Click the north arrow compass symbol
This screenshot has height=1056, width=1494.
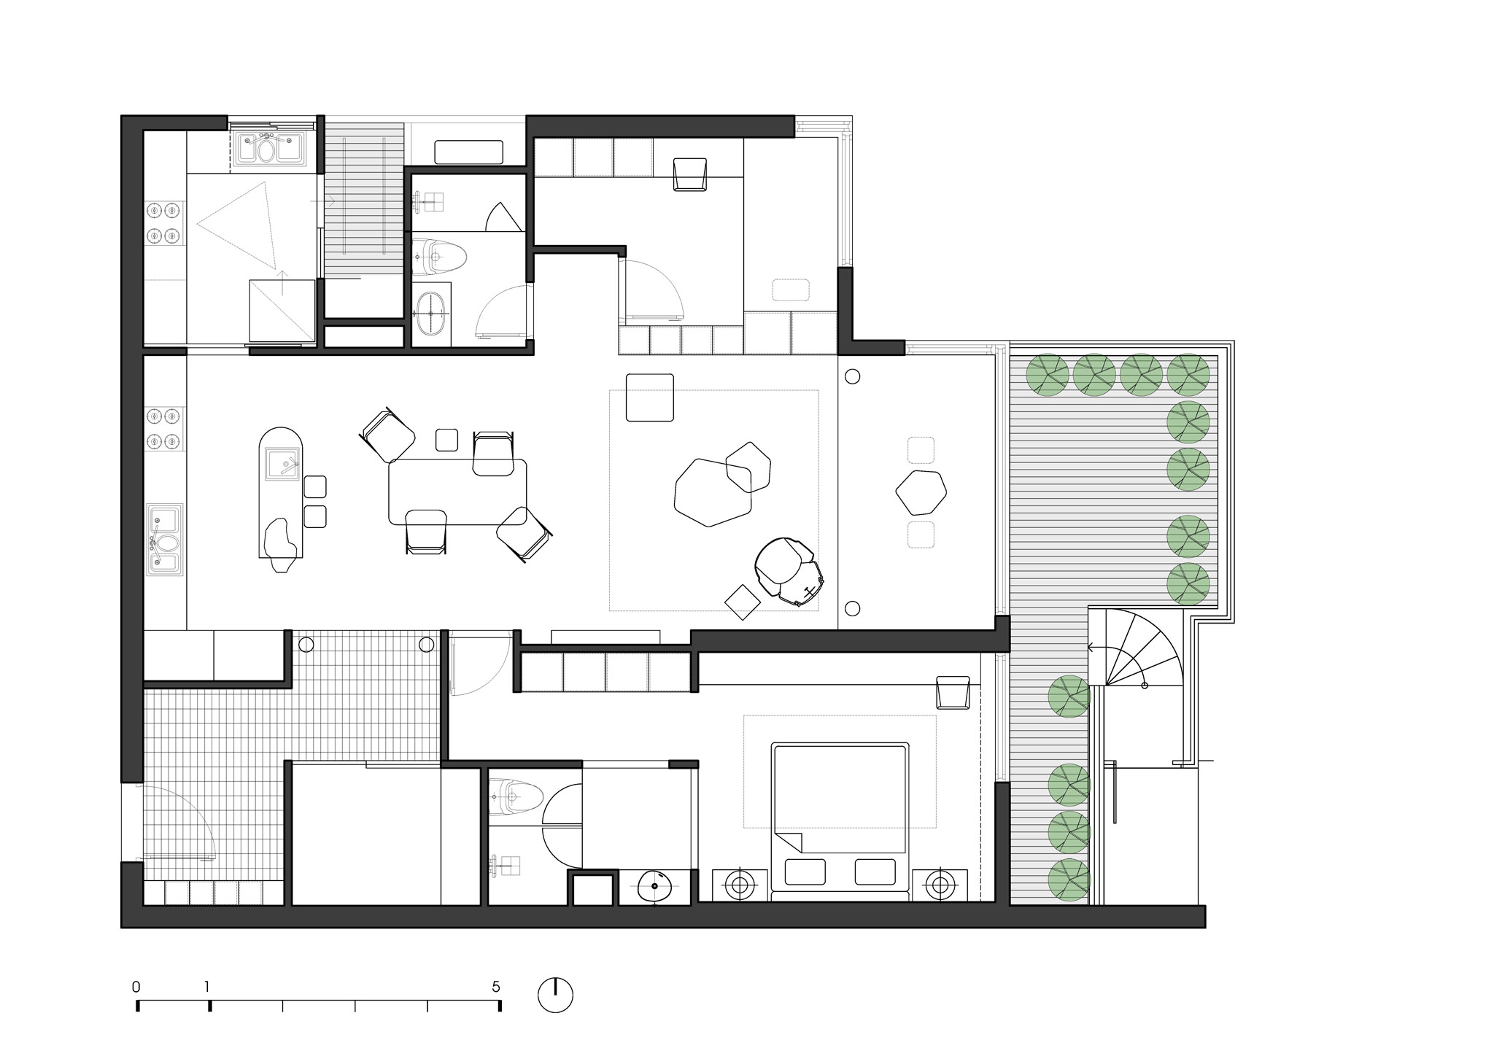[x=555, y=995]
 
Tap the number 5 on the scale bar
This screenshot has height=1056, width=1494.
[x=496, y=987]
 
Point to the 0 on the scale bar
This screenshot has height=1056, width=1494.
[x=136, y=987]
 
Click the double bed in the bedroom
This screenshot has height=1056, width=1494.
[x=840, y=820]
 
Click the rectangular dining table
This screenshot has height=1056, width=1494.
[x=458, y=492]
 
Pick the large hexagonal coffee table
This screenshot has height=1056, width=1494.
[x=713, y=492]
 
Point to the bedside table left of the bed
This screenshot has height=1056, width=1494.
[x=740, y=885]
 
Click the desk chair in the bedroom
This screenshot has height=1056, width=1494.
[x=953, y=692]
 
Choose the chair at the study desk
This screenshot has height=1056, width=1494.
[x=690, y=175]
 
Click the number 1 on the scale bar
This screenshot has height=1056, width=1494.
[x=207, y=987]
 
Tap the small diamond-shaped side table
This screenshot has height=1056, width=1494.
[x=743, y=602]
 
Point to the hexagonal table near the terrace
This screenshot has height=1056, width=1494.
[x=921, y=492]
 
